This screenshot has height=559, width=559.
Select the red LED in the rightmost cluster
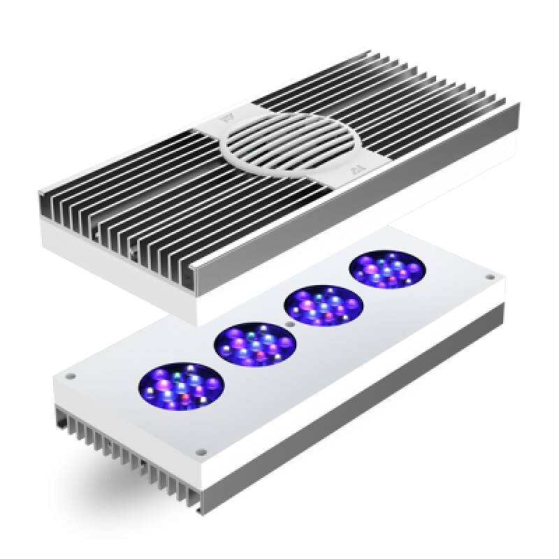tap(393, 282)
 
